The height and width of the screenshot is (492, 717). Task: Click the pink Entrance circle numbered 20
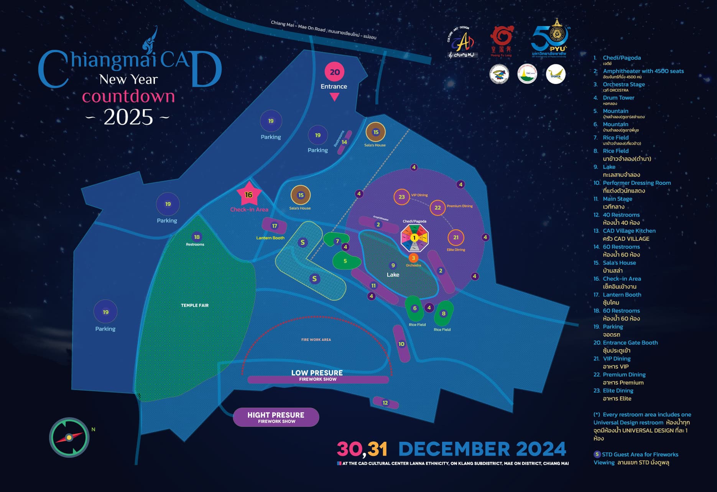tap(335, 72)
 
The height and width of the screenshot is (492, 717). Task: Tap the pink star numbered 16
tap(249, 195)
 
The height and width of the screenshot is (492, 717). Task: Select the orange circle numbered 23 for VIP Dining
tap(401, 197)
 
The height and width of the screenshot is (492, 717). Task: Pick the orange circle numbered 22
tap(437, 208)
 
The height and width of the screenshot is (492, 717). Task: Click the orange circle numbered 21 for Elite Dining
tap(456, 237)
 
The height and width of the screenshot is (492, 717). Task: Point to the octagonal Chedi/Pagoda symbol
tap(414, 238)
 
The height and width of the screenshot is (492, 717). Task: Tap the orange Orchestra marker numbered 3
tap(413, 258)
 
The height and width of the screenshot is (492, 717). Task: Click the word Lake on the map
tap(393, 275)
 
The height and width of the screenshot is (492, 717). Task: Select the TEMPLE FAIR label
tap(195, 305)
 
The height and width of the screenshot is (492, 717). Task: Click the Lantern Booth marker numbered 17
tap(274, 226)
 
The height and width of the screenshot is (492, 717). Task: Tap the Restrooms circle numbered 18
tap(197, 237)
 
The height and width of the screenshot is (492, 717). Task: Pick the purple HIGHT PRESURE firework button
tap(276, 417)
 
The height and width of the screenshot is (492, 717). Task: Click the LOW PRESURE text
tap(317, 373)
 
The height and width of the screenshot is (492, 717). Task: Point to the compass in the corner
tap(69, 437)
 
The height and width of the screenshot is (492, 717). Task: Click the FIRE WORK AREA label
tap(316, 340)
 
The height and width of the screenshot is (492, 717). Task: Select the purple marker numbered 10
tap(401, 344)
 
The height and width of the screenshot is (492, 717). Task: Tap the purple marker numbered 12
tap(385, 403)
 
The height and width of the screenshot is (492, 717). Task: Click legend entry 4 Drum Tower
tap(618, 98)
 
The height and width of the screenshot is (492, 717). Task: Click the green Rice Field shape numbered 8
tap(444, 313)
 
